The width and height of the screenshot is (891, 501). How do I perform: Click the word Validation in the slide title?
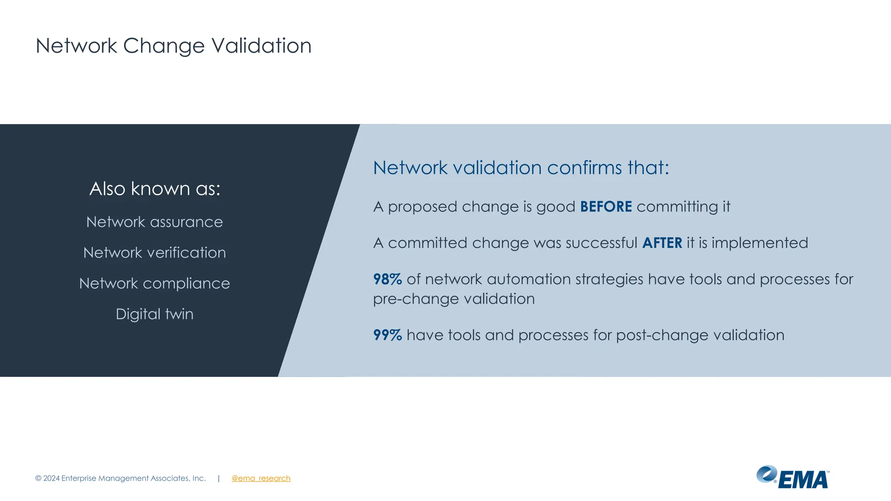[261, 46]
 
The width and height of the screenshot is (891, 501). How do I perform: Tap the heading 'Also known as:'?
[155, 189]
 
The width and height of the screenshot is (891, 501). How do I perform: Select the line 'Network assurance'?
[154, 222]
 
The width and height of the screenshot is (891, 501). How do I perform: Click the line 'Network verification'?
[154, 253]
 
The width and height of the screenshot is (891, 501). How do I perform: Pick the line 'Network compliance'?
[154, 284]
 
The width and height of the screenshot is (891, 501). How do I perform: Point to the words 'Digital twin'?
[154, 314]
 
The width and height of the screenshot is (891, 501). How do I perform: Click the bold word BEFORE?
[606, 207]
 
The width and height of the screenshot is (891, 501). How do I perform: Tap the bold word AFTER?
[662, 243]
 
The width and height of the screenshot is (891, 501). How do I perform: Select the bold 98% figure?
[387, 279]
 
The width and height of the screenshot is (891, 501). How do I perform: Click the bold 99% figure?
[387, 335]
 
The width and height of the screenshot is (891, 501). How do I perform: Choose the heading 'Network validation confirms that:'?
[521, 168]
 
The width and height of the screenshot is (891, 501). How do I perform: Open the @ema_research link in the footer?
[261, 478]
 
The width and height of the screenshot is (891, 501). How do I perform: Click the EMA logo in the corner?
[792, 478]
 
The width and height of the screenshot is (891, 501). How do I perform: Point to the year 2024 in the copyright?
[51, 478]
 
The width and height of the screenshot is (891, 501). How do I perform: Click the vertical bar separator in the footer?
[218, 478]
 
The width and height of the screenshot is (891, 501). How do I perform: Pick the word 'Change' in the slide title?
[164, 46]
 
